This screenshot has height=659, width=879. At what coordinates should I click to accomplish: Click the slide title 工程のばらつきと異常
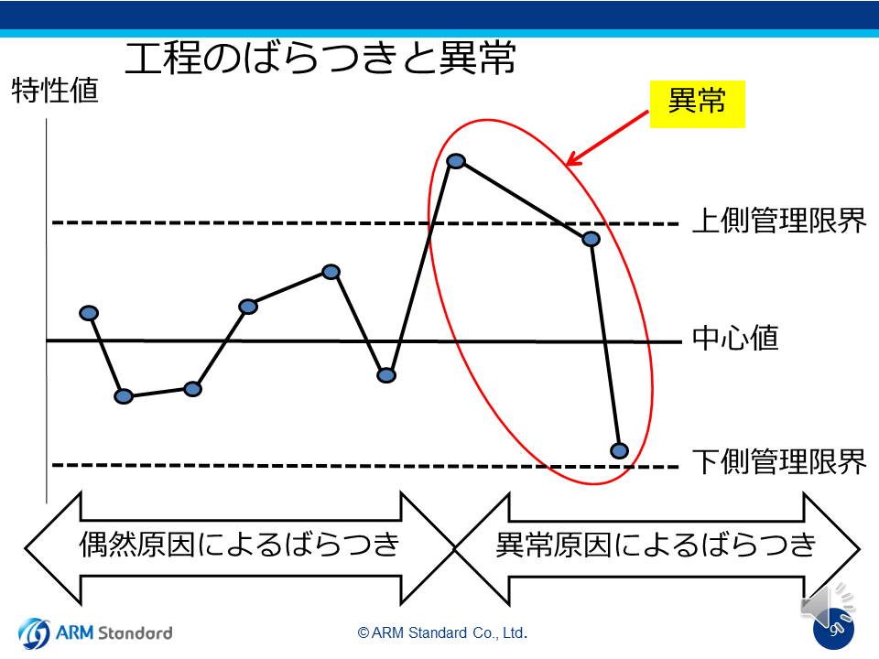320,59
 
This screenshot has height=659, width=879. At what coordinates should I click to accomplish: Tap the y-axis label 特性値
55,91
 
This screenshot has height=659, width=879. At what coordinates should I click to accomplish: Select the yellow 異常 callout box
698,104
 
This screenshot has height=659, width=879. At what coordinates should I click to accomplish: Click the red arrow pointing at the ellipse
607,138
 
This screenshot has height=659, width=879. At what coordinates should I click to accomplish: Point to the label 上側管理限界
779,221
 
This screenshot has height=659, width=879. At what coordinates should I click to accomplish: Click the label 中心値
735,338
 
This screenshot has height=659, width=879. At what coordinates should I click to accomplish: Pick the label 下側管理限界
779,462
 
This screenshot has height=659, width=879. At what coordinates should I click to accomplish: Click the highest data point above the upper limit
456,161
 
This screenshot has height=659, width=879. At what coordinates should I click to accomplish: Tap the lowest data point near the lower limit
620,450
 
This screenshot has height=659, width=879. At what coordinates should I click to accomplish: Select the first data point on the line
89,313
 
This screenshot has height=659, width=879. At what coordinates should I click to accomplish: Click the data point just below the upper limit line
591,239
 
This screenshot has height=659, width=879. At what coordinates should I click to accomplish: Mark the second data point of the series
124,396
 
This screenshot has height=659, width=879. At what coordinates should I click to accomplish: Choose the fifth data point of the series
331,272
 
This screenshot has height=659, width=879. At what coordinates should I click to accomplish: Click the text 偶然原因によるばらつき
239,544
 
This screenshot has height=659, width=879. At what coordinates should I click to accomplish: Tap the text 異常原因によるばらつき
656,544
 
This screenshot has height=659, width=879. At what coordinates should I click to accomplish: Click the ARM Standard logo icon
34,633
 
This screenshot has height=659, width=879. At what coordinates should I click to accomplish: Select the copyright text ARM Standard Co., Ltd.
442,632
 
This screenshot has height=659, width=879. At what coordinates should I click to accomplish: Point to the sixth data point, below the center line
386,375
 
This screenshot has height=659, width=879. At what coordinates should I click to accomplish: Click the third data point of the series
192,389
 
